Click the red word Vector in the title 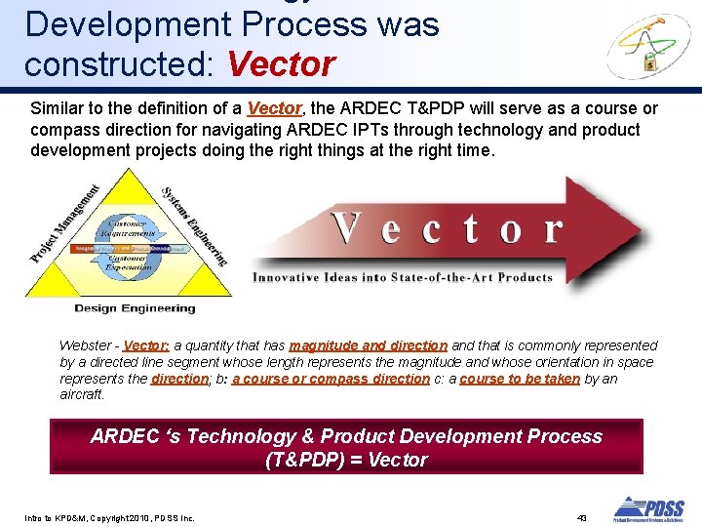pos(281,64)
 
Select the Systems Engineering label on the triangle pos(195,225)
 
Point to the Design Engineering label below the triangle pos(135,308)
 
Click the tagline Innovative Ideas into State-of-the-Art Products pos(403,277)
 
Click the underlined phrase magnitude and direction pos(368,345)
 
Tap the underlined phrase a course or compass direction pos(331,379)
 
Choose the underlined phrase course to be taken pos(519,379)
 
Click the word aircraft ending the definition pos(81,395)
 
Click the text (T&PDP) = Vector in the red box pos(346,460)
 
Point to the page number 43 pos(583,516)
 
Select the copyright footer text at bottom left pos(109,517)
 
